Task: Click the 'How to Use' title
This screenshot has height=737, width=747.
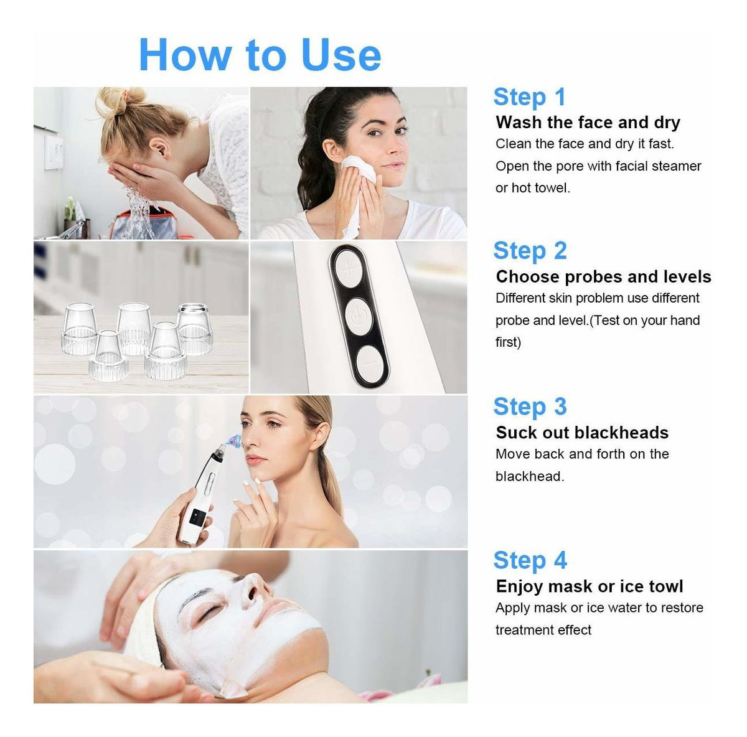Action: (260, 55)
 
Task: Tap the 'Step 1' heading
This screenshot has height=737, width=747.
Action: (529, 97)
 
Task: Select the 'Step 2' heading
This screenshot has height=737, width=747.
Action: (530, 251)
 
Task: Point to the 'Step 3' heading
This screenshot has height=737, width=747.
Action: (530, 406)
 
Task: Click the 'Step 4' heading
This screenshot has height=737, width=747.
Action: (530, 561)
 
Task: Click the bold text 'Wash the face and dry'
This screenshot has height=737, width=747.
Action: (588, 123)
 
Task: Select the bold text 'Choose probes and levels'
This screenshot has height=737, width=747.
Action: (603, 277)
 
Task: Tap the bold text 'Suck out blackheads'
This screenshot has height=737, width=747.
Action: (582, 433)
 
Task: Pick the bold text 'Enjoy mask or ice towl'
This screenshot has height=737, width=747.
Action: (590, 586)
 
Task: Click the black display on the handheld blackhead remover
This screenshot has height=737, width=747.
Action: (197, 517)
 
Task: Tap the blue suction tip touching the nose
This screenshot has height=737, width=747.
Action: (235, 441)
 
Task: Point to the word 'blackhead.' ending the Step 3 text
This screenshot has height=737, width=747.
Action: (530, 476)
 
